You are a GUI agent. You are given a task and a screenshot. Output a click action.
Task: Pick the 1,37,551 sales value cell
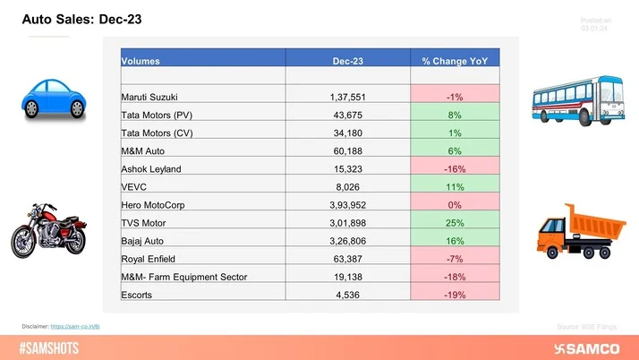[347, 95]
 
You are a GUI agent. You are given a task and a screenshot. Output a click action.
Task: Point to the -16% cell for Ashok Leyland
[455, 169]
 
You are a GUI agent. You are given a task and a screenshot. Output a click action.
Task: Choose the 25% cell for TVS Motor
[455, 223]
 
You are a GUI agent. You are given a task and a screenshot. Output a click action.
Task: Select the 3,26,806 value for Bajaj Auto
[347, 242]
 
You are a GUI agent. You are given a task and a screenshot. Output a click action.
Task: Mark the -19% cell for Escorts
[455, 296]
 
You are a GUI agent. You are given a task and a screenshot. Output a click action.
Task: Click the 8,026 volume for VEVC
[347, 187]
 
